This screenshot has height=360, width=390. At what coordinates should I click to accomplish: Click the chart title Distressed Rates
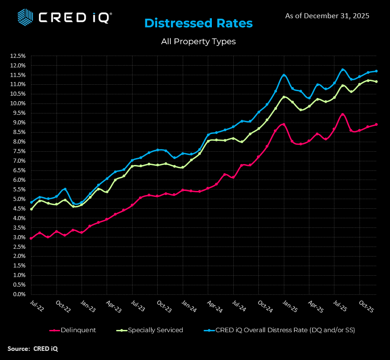point(198,23)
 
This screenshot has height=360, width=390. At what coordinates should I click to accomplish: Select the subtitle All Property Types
point(198,41)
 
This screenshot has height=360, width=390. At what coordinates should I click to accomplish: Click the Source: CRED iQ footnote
point(33,349)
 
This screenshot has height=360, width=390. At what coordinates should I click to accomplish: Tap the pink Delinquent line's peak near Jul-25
point(342,114)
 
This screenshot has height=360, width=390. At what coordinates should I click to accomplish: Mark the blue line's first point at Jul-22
point(31,202)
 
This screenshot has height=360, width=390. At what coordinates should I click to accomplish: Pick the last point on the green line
point(376,82)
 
